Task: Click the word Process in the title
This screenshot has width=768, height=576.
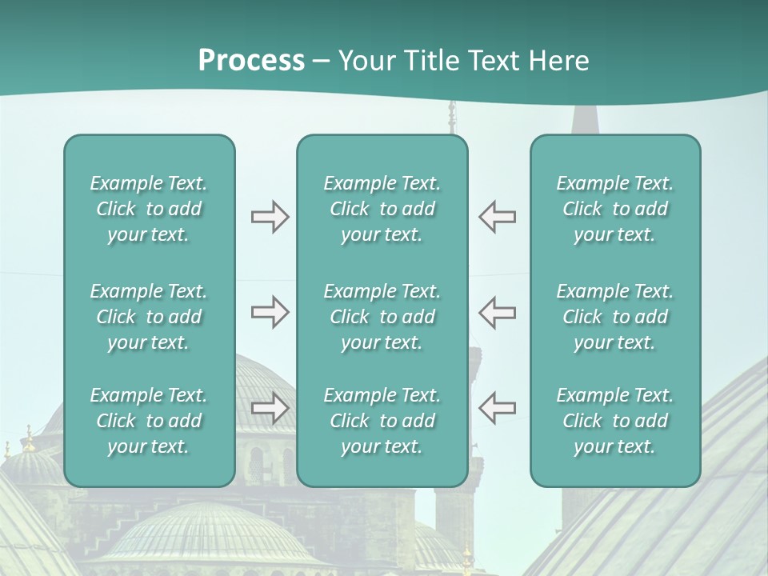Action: (x=251, y=61)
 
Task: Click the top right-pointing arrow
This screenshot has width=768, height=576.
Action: (x=270, y=217)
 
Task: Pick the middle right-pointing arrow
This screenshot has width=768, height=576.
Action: (x=270, y=313)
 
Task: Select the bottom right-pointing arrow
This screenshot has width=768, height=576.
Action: (x=270, y=408)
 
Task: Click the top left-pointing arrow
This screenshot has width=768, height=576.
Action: (x=498, y=217)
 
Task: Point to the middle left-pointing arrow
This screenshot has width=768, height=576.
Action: (x=498, y=313)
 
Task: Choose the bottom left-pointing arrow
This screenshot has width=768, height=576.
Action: (x=498, y=408)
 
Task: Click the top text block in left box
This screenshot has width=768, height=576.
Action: (x=149, y=209)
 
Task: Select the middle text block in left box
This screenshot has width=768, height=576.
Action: (x=149, y=317)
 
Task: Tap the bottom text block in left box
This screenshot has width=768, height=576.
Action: (x=149, y=421)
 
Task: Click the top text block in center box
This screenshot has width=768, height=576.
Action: (x=382, y=209)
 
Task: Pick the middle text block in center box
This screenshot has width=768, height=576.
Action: (x=382, y=317)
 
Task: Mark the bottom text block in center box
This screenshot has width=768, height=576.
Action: (x=382, y=421)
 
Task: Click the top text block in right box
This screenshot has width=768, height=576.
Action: (x=615, y=209)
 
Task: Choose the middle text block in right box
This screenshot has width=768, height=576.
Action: (x=615, y=317)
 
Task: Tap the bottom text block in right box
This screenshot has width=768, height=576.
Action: (x=615, y=421)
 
